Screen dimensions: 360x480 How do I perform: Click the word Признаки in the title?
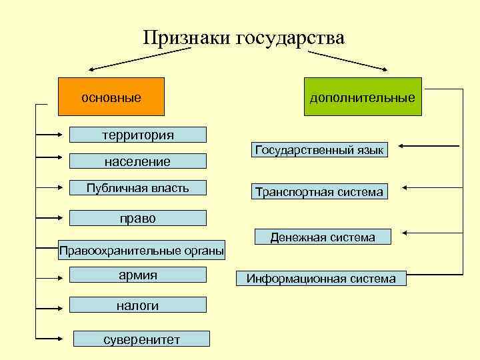click(x=186, y=37)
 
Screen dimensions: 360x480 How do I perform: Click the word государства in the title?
click(x=289, y=37)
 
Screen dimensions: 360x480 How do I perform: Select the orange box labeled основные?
click(x=111, y=97)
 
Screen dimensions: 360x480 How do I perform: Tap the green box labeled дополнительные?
click(x=362, y=97)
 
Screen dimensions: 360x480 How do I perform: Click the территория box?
click(x=138, y=135)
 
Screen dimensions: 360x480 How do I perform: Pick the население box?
click(x=138, y=161)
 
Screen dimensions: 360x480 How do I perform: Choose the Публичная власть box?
click(x=138, y=189)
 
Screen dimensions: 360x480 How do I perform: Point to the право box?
click(x=138, y=217)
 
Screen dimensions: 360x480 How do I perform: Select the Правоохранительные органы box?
click(x=141, y=250)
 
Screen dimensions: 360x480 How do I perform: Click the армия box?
click(x=138, y=275)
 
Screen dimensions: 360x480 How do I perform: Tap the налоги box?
click(x=138, y=305)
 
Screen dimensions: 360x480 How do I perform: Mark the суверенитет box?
click(x=141, y=339)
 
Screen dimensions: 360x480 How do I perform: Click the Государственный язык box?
click(x=319, y=150)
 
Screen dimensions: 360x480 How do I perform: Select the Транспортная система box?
click(x=319, y=192)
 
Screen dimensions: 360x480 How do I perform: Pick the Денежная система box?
click(x=322, y=237)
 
